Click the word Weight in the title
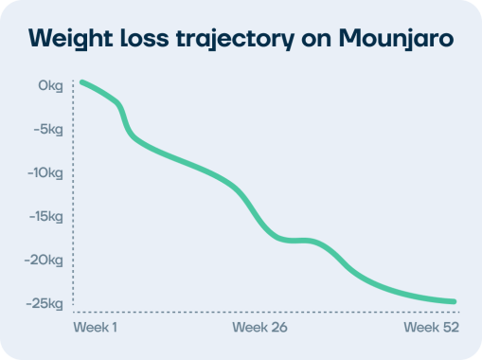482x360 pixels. click(72, 39)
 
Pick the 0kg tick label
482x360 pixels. click(50, 86)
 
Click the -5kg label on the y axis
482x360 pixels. click(47, 130)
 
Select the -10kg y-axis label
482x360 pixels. click(45, 173)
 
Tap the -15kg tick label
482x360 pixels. click(45, 217)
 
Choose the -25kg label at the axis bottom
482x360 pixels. click(45, 304)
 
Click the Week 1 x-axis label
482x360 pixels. click(95, 328)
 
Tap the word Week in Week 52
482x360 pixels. click(421, 328)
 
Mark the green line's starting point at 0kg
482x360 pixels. click(81, 82)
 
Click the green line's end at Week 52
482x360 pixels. click(455, 302)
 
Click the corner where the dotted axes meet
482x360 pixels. click(73, 312)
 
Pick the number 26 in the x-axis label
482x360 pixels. click(278, 328)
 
